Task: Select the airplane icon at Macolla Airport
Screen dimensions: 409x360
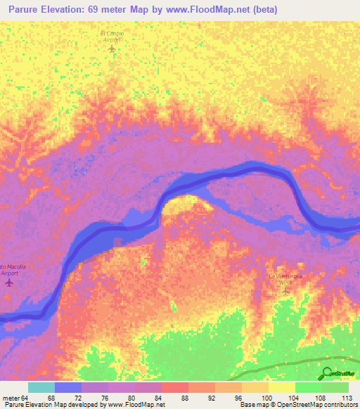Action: coord(9,283)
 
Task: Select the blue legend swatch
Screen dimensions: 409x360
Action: coord(68,387)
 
